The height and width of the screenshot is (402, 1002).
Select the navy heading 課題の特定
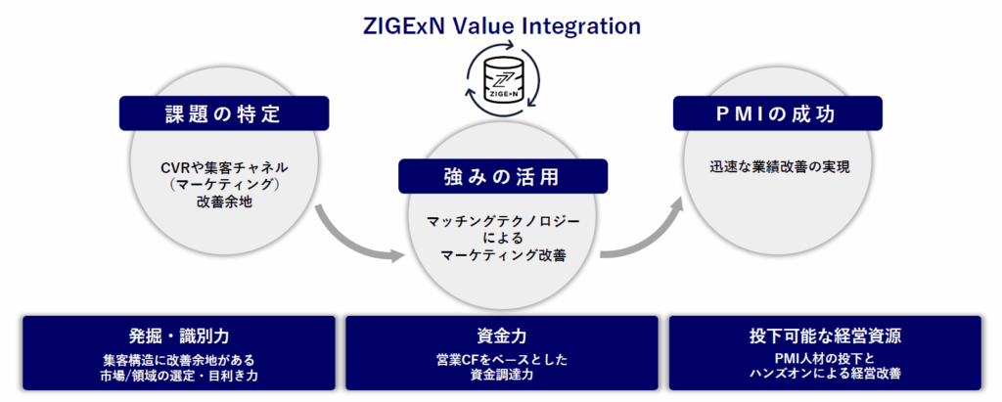pyautogui.click(x=216, y=113)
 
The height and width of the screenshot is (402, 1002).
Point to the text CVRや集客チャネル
pyautogui.click(x=225, y=167)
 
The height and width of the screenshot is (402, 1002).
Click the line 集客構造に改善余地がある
pyautogui.click(x=178, y=359)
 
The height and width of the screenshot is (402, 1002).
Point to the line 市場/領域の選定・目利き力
pyautogui.click(x=178, y=375)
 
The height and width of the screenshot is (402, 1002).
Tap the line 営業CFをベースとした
pyautogui.click(x=500, y=359)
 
